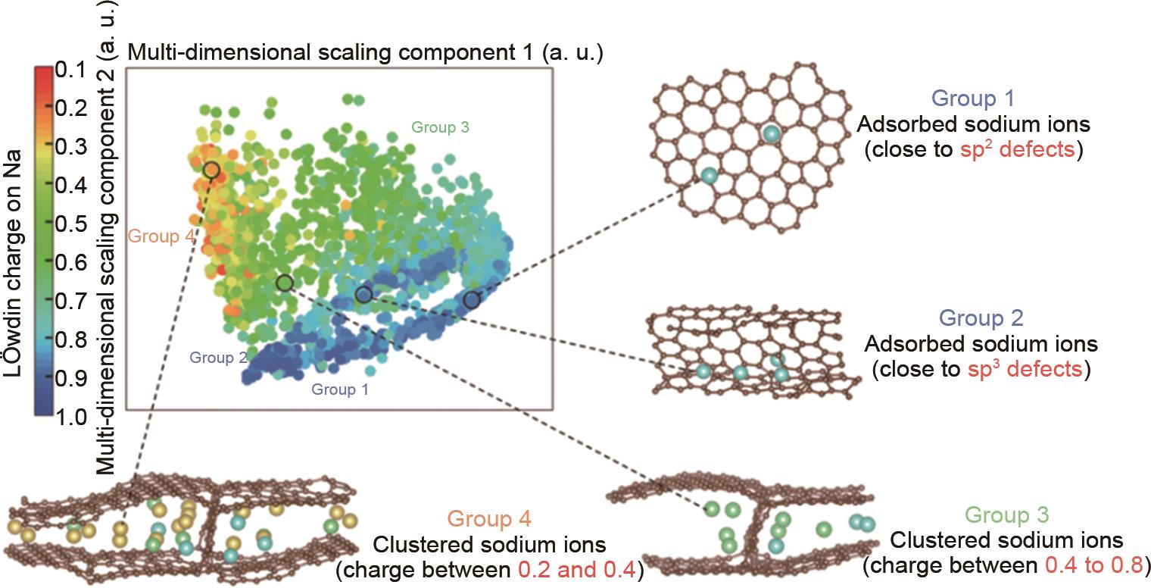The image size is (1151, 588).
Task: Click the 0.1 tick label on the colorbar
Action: (70, 70)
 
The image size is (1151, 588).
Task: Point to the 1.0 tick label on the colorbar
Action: (71, 417)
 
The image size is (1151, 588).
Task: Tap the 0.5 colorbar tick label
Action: (71, 224)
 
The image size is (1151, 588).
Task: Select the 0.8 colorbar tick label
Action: (71, 339)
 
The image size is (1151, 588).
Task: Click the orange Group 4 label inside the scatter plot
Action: (161, 236)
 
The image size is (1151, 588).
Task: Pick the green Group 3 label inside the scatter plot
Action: (441, 127)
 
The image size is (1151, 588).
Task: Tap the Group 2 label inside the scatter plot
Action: (218, 357)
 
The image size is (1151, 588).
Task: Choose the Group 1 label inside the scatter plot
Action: (340, 389)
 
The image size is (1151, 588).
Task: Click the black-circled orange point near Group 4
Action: (211, 170)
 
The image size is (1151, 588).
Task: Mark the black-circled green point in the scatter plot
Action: (285, 283)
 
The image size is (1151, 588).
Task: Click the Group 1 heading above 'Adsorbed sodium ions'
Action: (973, 99)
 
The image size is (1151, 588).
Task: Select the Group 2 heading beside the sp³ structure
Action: (981, 317)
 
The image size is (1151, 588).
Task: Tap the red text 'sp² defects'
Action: (1018, 149)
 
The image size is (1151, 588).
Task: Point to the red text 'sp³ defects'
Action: (1025, 368)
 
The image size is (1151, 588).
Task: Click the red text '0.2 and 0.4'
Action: (577, 570)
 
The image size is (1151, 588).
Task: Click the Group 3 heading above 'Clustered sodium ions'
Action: (1006, 514)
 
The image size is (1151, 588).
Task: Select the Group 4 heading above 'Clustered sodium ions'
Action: (489, 518)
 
